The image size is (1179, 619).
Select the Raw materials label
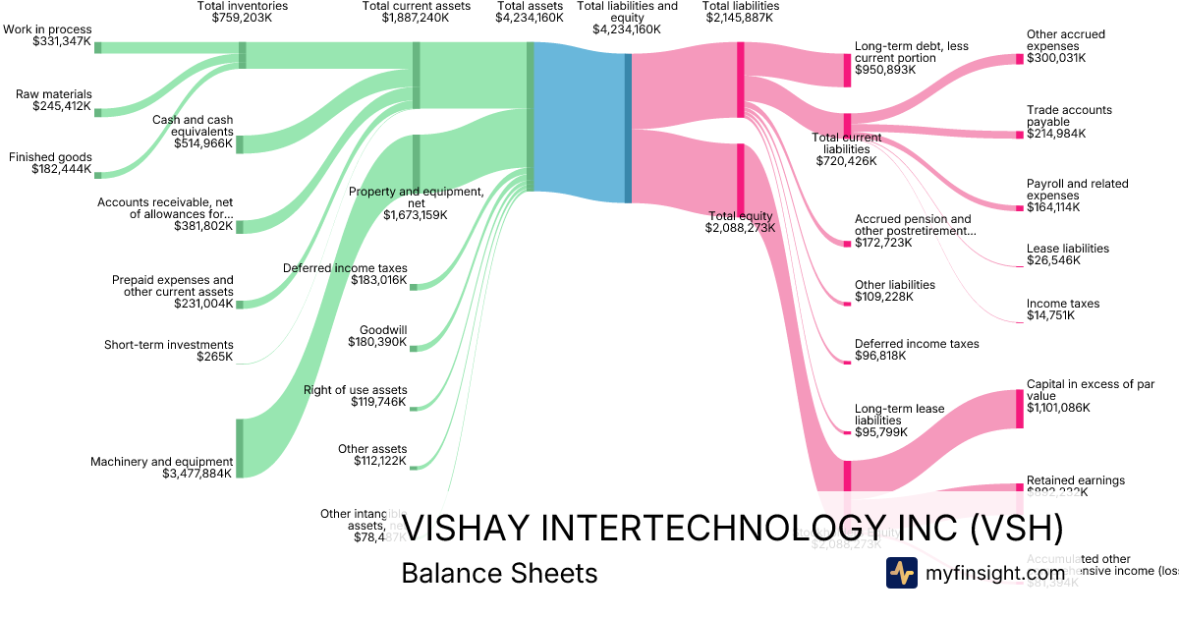[x=53, y=94]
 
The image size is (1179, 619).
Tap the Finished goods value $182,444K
[x=62, y=169]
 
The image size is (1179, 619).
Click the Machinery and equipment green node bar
[x=239, y=448]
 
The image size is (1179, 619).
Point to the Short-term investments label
[x=169, y=345]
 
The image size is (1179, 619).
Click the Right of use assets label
[x=355, y=390]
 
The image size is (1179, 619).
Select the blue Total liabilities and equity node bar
[x=628, y=128]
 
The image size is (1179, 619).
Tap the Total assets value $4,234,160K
[x=530, y=18]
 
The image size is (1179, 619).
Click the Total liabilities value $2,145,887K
[x=741, y=18]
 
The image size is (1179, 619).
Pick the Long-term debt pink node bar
[x=847, y=70]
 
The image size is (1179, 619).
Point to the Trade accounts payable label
[x=1069, y=116]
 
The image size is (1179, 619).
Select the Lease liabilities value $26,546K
[x=1053, y=260]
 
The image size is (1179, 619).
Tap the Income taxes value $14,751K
[x=1050, y=315]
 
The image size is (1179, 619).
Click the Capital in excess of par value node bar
[x=1019, y=409]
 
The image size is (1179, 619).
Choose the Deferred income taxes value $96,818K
[x=880, y=356]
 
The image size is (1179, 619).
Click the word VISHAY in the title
[x=473, y=529]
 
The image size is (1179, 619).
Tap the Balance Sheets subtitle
[x=499, y=573]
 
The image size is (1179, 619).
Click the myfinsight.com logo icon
[x=902, y=573]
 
